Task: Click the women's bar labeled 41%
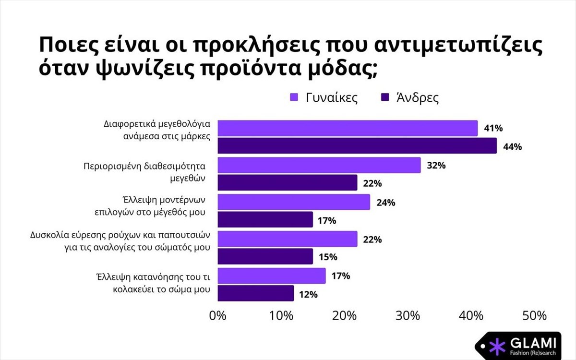pyautogui.click(x=348, y=128)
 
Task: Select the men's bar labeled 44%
pyautogui.click(x=357, y=145)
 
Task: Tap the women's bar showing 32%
pyautogui.click(x=319, y=165)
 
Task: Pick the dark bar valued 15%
pyautogui.click(x=265, y=256)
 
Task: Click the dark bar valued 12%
pyautogui.click(x=256, y=293)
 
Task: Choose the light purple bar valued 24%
pyautogui.click(x=294, y=202)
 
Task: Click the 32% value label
pyautogui.click(x=436, y=166)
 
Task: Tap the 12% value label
pyautogui.click(x=308, y=294)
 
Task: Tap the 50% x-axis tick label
pyautogui.click(x=534, y=316)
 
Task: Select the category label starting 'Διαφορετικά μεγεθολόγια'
pyautogui.click(x=157, y=129)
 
